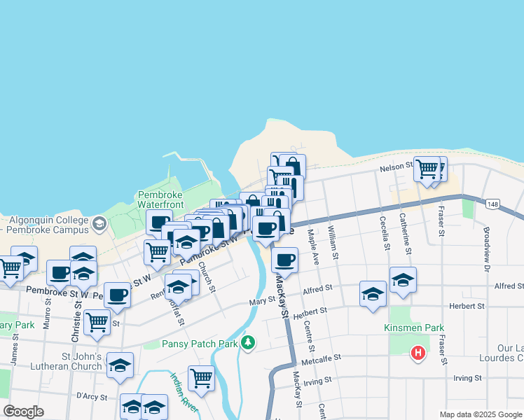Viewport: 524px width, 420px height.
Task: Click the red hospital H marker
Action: tap(418, 353)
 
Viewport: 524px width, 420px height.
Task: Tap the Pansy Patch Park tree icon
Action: tap(247, 343)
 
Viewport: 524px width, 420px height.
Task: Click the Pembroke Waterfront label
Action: tap(160, 199)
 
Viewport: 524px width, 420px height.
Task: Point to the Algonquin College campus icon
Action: tap(99, 224)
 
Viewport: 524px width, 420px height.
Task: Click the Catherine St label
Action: tap(404, 232)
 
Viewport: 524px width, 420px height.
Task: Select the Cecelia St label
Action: tap(384, 234)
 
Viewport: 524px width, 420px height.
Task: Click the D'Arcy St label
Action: tap(92, 397)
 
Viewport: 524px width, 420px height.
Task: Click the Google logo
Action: tap(24, 412)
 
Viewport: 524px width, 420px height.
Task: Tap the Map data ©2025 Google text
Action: tap(481, 414)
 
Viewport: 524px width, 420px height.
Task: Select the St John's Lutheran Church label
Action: tap(71, 361)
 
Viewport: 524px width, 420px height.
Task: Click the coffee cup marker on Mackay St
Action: tap(284, 261)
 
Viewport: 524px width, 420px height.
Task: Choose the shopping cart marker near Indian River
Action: tap(201, 379)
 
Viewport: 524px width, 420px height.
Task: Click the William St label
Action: tap(333, 245)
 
